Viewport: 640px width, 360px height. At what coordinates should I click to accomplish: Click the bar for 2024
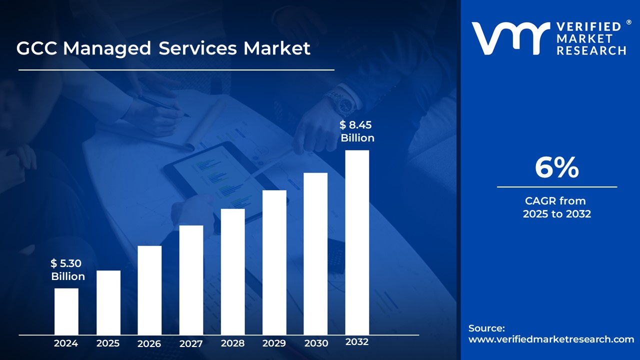66,311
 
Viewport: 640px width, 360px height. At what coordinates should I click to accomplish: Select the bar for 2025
108,302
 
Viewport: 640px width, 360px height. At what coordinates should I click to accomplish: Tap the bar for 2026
149,290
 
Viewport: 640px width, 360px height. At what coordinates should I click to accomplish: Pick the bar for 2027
191,280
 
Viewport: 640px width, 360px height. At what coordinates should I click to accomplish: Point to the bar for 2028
233,271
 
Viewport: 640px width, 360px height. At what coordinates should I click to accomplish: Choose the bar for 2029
274,262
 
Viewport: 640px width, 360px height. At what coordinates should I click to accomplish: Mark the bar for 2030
315,253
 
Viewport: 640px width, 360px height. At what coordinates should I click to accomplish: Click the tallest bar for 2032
357,242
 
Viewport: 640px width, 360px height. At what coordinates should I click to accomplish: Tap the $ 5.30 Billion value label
67,270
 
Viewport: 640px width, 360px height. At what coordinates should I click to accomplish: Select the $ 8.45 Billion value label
357,131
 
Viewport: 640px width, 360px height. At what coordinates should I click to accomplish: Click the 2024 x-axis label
66,343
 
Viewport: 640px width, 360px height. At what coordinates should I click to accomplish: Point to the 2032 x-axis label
357,342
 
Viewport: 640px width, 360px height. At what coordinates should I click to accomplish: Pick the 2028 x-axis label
233,343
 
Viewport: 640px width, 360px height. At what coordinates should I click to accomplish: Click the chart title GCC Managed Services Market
163,48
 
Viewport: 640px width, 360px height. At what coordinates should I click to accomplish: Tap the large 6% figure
556,168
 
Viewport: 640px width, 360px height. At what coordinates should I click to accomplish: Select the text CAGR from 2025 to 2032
556,207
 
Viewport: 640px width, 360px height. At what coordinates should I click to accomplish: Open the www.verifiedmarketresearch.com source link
551,339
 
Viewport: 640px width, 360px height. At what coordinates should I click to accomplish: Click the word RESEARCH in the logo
591,50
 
